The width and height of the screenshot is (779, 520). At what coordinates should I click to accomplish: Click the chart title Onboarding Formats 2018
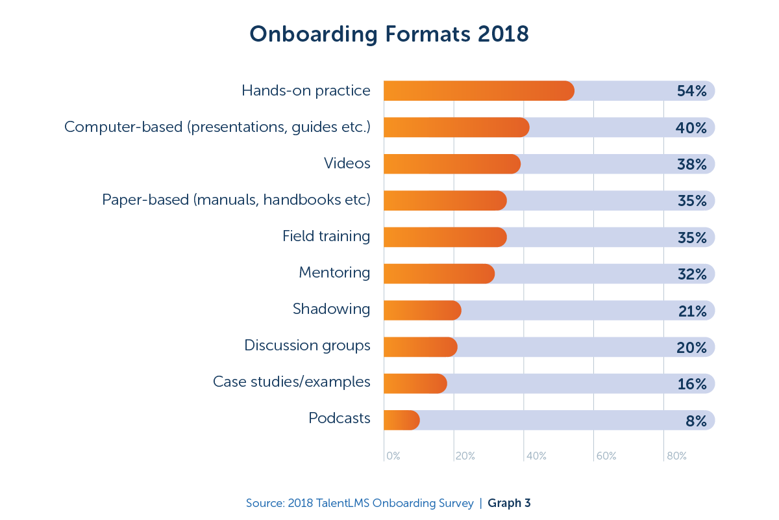pos(389,34)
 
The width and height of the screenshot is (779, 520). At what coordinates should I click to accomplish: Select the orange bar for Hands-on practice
pos(478,91)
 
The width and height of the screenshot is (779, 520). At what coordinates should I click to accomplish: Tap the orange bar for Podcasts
pos(401,421)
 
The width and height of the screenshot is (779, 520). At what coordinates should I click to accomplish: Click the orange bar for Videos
pos(452,164)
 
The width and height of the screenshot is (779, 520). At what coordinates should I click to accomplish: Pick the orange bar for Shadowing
pos(422,311)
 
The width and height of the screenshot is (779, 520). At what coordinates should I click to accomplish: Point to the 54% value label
pos(691,91)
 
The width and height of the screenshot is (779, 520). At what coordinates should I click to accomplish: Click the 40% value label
pos(691,128)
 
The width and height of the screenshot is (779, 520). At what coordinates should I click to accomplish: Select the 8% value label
pos(695,421)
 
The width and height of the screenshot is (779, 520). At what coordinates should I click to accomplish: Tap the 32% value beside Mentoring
pos(691,274)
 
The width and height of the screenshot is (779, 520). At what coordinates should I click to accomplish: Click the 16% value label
pos(691,384)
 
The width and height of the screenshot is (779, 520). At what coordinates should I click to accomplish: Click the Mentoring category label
pos(334,273)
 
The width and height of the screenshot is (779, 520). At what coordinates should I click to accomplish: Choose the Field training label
pos(326,237)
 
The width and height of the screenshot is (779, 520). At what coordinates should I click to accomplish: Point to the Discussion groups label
pos(307,346)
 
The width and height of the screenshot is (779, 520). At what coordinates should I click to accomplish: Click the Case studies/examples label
pos(291,382)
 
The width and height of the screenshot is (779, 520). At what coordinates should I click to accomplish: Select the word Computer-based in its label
pos(123,127)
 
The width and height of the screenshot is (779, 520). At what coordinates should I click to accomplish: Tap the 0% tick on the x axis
pos(393,456)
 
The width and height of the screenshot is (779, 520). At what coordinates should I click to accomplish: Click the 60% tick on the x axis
pos(606,456)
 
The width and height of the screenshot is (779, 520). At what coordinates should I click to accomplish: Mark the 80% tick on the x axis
pos(676,456)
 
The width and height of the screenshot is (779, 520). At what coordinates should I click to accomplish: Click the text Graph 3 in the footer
pos(509,503)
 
